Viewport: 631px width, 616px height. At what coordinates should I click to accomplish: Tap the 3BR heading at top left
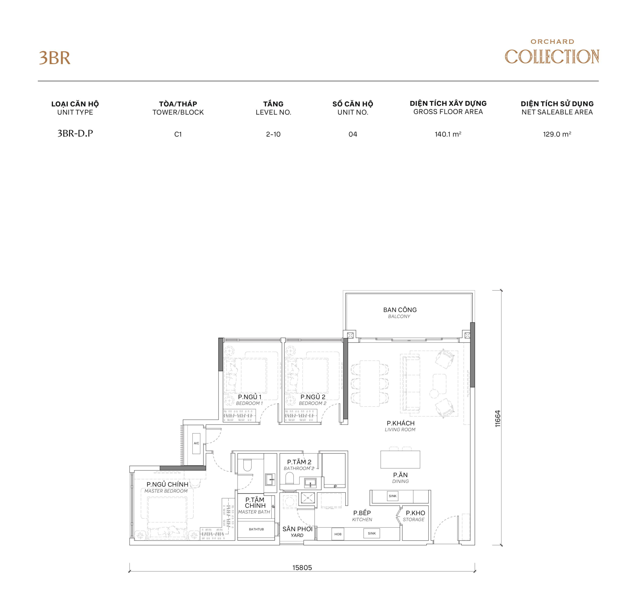[x=55, y=58]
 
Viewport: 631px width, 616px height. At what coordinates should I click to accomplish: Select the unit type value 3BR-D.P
[x=75, y=133]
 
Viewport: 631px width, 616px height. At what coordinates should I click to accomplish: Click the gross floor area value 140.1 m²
[x=448, y=134]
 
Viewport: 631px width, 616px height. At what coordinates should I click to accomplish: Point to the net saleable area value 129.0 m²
[x=557, y=134]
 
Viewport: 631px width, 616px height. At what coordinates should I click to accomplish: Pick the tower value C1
[x=178, y=134]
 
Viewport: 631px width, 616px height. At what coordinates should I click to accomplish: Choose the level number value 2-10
[x=273, y=134]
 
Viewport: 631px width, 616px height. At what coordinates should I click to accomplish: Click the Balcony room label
[x=400, y=312]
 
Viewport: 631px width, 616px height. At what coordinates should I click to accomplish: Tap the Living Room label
[x=400, y=426]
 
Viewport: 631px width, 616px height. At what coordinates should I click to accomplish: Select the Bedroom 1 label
[x=249, y=400]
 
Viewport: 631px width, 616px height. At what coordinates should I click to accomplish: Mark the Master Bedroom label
[x=167, y=487]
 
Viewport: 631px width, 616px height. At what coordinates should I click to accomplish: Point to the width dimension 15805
[x=302, y=567]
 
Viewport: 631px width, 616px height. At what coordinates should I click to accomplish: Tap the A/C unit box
[x=196, y=443]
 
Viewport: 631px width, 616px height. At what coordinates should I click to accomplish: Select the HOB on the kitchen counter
[x=338, y=534]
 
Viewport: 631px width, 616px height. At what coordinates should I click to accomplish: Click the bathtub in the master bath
[x=256, y=529]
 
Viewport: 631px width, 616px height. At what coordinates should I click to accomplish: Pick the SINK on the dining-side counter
[x=392, y=496]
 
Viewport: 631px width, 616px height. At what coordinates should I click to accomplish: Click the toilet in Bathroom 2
[x=289, y=478]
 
